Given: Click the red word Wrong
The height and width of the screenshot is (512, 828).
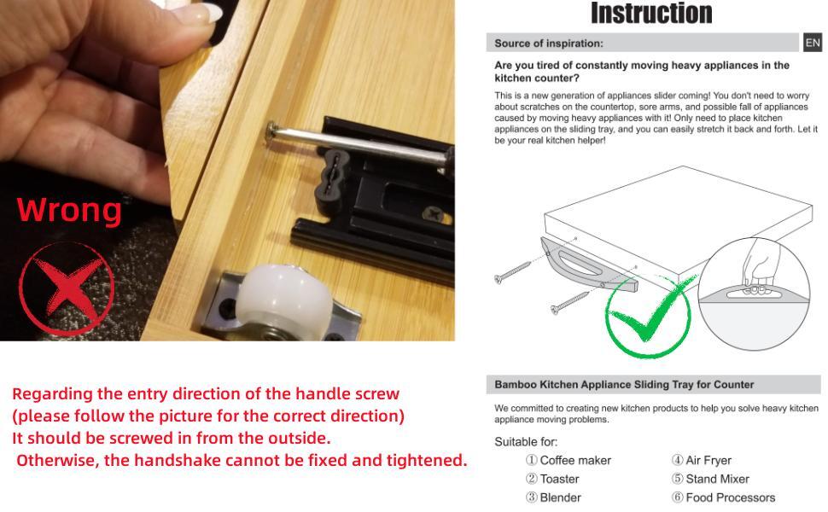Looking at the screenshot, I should tap(69, 209).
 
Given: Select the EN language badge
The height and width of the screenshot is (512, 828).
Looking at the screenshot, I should tap(812, 43).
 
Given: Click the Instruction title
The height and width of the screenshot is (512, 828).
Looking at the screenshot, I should tap(650, 14).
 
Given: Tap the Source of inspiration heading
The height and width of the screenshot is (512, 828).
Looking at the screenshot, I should tap(548, 44).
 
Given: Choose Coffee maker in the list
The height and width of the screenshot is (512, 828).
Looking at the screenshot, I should tap(574, 460).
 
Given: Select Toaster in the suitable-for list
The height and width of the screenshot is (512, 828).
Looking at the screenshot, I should tap(559, 479).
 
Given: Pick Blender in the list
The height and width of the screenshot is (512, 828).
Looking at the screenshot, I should tap(560, 497).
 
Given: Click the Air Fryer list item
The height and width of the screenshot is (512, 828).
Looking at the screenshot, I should tap(708, 460).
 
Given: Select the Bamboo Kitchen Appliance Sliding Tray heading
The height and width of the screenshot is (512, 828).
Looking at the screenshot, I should tap(624, 385).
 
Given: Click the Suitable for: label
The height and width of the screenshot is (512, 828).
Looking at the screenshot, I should tap(526, 442).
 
